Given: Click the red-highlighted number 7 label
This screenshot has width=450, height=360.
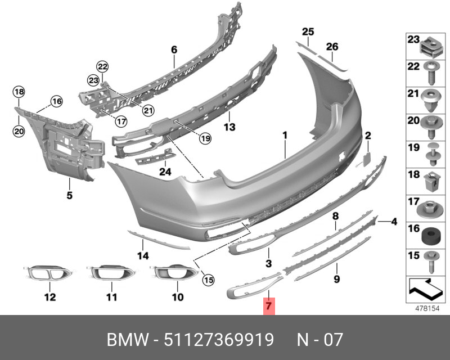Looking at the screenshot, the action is [269, 306].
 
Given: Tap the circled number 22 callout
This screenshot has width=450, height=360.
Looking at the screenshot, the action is [102, 67].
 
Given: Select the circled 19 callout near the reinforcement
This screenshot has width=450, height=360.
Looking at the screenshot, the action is [205, 139].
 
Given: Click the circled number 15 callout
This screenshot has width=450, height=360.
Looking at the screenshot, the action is [209, 280].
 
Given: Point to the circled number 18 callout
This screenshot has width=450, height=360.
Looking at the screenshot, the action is [19, 92].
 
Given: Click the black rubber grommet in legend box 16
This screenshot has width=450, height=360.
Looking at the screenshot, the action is [429, 236].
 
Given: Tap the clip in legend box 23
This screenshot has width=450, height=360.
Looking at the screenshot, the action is [431, 47].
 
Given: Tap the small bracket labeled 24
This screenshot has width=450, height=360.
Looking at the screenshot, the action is [156, 157].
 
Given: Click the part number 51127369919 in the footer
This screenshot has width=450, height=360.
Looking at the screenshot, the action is [219, 340].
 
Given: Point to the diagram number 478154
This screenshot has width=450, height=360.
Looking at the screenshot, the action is [427, 309].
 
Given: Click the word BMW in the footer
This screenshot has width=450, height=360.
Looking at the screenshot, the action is [128, 340].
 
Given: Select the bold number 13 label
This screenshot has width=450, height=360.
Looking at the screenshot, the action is [229, 127].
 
